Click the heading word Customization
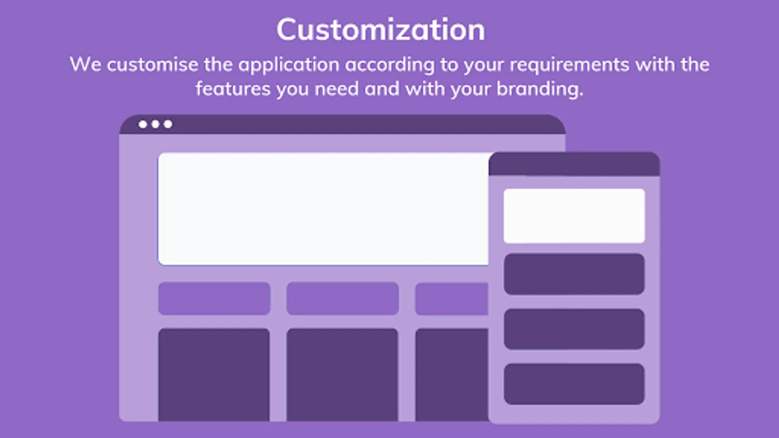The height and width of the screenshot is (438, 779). click(381, 30)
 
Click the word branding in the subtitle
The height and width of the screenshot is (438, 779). click(540, 89)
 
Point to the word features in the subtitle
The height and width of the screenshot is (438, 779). click(233, 89)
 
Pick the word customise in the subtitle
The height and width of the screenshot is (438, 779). click(152, 65)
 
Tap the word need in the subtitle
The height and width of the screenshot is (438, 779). click(336, 89)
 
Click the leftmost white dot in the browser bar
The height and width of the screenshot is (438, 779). click(143, 124)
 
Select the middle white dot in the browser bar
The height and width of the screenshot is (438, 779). click(155, 124)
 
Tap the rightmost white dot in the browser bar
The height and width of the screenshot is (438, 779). click(168, 124)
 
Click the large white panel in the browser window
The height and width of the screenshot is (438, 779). click(323, 209)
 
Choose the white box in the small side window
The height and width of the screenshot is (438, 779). click(574, 216)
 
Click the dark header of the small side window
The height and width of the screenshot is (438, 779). click(574, 164)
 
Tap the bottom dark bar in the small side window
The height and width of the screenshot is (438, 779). click(574, 384)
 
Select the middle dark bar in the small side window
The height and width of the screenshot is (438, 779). click(574, 329)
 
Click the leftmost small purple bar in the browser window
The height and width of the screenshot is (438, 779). click(214, 299)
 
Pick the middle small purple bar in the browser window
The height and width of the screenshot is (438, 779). click(343, 299)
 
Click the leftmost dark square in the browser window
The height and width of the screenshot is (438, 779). click(214, 375)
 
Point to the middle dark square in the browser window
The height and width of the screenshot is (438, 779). click(342, 375)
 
